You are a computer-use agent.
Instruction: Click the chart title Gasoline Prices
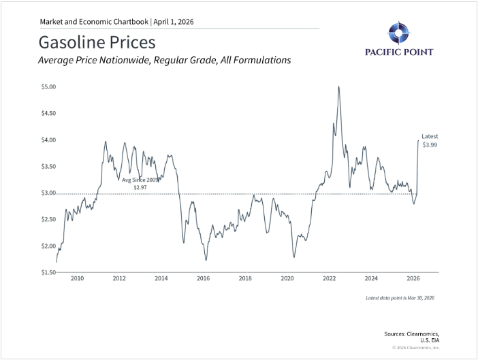[97, 42]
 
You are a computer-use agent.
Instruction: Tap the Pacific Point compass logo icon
[399, 33]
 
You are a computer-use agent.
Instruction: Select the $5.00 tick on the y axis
[49, 87]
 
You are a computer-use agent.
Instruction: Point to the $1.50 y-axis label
[49, 272]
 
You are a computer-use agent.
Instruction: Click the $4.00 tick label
[49, 140]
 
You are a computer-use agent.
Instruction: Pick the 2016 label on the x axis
[203, 278]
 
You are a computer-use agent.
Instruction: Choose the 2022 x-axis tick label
[330, 278]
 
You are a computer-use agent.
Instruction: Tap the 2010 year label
[77, 278]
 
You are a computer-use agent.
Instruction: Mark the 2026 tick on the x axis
[413, 278]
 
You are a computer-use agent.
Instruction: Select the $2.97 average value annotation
[140, 187]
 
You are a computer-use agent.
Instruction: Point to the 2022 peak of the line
[338, 87]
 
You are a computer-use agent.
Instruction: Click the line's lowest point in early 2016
[206, 260]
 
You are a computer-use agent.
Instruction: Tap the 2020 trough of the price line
[294, 257]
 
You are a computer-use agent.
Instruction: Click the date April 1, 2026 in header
[174, 22]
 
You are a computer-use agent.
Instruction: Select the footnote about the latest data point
[400, 298]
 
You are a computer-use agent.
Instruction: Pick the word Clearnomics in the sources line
[423, 334]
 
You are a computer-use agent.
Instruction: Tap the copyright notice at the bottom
[416, 348]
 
